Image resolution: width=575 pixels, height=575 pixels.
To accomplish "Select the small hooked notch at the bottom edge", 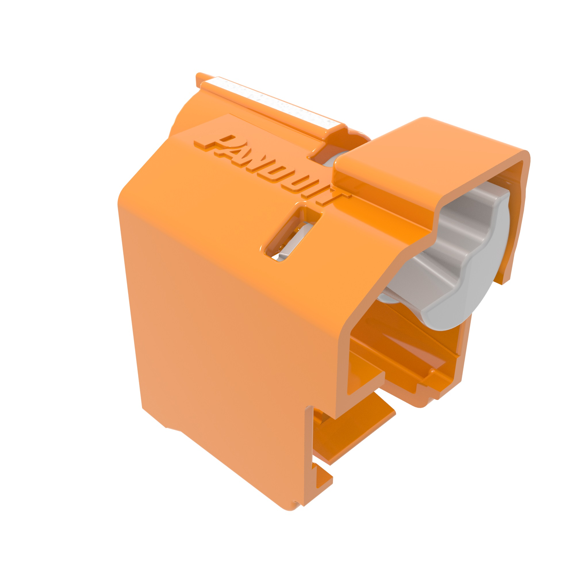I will click(x=321, y=476).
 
